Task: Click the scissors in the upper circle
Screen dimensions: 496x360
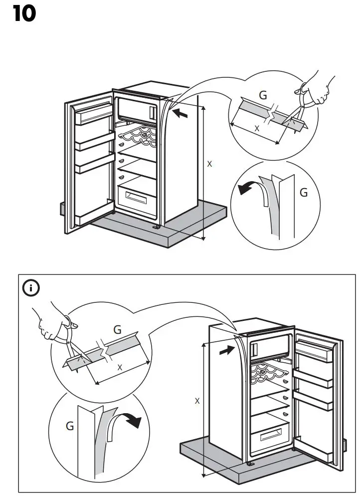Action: tap(300, 110)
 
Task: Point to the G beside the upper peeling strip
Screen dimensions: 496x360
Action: tap(304, 192)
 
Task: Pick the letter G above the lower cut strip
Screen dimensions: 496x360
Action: tap(118, 329)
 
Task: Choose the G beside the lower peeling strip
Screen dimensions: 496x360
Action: tap(70, 426)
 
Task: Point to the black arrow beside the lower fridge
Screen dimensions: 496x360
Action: tap(226, 351)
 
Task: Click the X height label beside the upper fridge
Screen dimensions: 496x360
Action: tap(209, 163)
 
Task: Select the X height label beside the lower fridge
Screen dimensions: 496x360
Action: tap(197, 400)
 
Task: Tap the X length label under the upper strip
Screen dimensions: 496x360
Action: tap(257, 128)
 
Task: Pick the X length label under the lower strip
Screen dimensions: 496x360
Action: tap(120, 367)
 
